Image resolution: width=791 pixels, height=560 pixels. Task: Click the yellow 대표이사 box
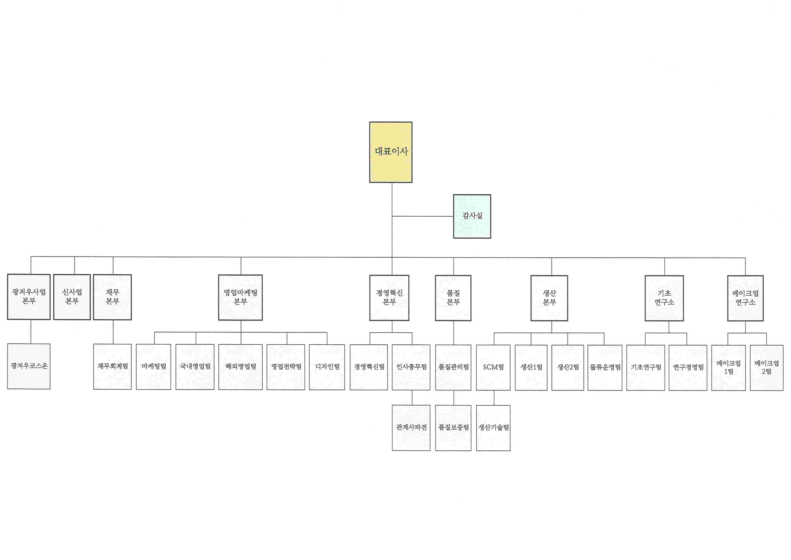391,152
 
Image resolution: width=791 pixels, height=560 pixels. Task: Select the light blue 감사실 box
472,216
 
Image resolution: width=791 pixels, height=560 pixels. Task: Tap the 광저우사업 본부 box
29,297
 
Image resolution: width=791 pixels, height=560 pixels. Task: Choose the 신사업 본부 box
72,297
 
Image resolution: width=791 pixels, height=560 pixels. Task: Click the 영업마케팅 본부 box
241,297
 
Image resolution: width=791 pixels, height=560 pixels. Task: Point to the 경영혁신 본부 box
389,298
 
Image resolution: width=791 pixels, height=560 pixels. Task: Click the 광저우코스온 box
29,366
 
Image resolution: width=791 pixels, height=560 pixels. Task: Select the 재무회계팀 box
112,367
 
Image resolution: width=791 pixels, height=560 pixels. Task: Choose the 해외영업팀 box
241,367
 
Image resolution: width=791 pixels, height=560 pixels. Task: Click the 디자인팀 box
327,367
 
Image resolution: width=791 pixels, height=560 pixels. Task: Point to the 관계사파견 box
411,428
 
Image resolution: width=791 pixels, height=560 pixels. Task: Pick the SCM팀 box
493,368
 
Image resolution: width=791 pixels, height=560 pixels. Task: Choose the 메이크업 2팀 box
767,368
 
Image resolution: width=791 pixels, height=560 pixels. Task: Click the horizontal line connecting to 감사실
422,216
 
